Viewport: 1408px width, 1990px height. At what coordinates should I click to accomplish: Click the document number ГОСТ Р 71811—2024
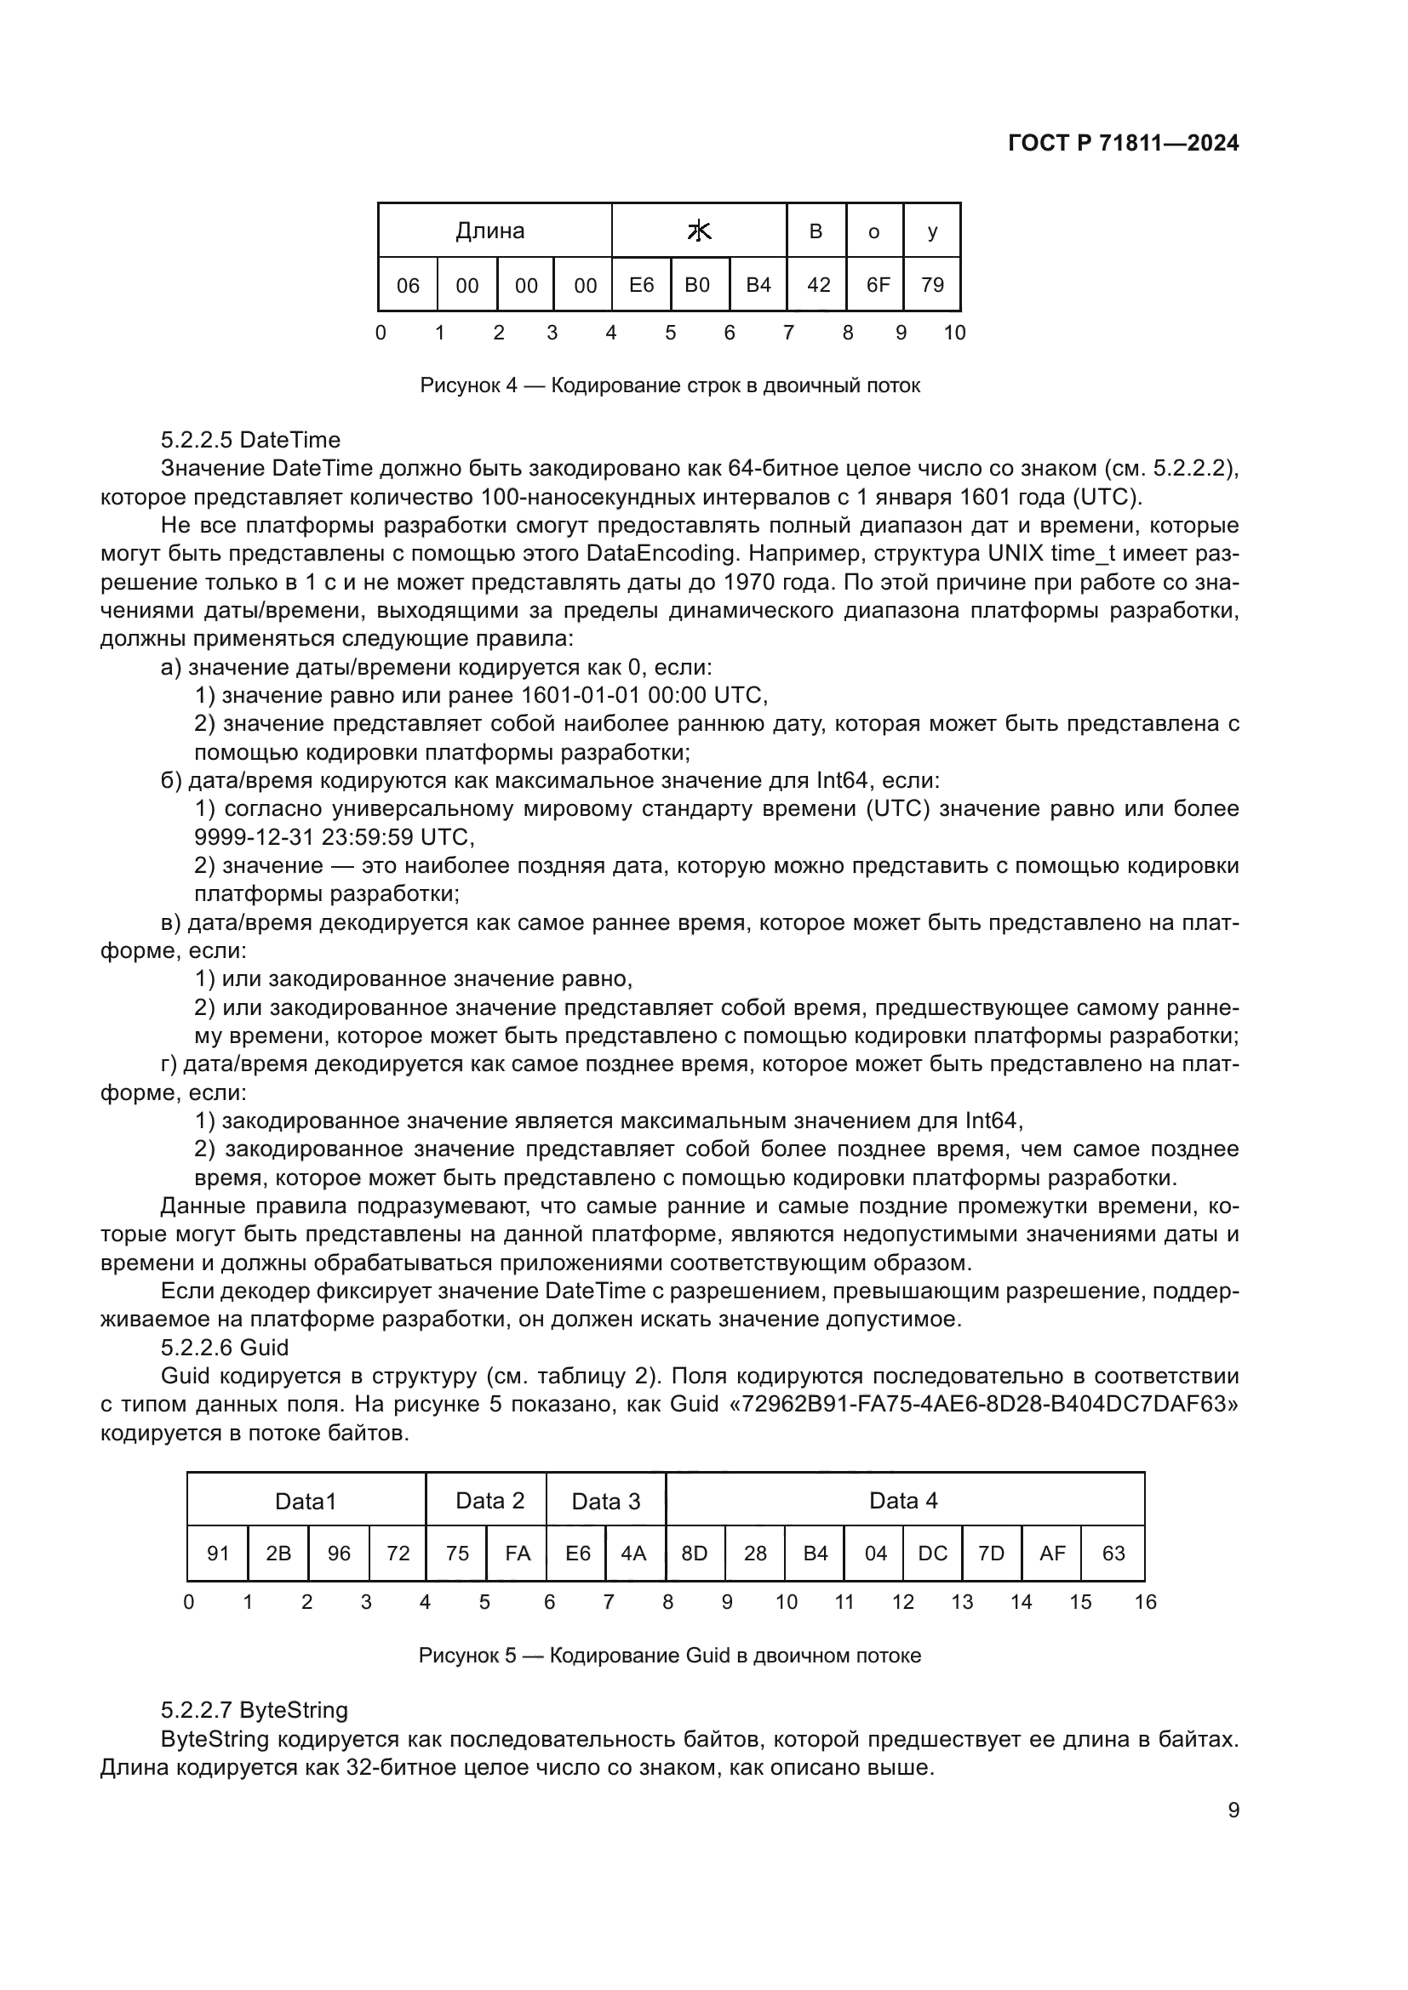[1124, 143]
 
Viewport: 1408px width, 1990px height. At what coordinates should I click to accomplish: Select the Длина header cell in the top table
[489, 231]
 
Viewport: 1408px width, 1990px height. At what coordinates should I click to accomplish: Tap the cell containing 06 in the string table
[408, 285]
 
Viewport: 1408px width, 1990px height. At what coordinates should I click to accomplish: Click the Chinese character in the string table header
[699, 231]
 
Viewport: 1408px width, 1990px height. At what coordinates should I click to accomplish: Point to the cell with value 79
[932, 285]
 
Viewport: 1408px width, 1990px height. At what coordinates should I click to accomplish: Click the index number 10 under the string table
[953, 333]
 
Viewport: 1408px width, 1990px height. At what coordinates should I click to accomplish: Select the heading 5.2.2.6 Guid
[225, 1348]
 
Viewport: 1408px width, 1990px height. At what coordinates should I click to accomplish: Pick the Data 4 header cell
[903, 1501]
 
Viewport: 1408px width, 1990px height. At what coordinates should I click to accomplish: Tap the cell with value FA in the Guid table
[518, 1554]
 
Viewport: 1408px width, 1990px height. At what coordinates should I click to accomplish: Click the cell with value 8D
[695, 1554]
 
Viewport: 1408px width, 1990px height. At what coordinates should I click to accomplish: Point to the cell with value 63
[1113, 1554]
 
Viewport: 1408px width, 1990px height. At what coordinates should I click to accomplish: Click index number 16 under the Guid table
[1145, 1603]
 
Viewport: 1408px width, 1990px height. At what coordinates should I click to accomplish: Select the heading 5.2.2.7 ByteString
[254, 1711]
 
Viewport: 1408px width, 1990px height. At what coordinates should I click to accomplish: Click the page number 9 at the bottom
[1233, 1810]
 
